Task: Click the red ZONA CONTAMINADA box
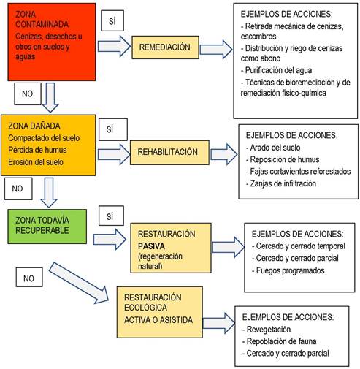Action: click(52, 42)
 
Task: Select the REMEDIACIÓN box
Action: click(165, 47)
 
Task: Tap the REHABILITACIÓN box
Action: click(169, 153)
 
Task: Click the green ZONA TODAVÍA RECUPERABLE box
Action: click(47, 227)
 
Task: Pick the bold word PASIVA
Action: click(151, 246)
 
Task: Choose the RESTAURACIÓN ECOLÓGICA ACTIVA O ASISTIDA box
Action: click(160, 312)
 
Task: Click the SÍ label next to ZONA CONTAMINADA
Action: click(112, 20)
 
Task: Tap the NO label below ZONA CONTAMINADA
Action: click(28, 94)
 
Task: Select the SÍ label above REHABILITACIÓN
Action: click(113, 129)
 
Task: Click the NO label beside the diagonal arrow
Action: click(29, 277)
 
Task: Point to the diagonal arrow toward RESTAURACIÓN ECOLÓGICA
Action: click(79, 283)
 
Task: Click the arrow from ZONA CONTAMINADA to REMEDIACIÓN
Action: click(114, 46)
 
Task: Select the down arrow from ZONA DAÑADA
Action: click(49, 192)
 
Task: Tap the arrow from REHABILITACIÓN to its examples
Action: click(224, 154)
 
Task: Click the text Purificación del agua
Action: click(277, 70)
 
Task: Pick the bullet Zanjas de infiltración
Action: click(281, 183)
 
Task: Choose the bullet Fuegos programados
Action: click(288, 270)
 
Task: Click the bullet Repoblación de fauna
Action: click(280, 341)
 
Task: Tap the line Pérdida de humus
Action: click(37, 150)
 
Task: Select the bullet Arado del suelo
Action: click(273, 148)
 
